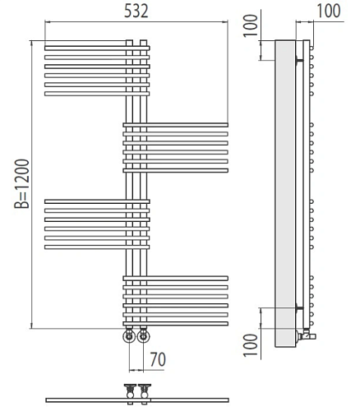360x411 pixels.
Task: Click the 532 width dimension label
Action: point(136,12)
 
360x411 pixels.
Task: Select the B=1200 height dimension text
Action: point(21,183)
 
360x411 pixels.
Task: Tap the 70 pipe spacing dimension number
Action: point(158,359)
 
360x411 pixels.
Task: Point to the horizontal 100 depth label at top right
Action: point(329,11)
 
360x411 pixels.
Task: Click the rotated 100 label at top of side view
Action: point(251,25)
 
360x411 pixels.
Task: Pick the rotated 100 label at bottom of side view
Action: point(251,344)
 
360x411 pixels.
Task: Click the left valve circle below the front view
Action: point(129,335)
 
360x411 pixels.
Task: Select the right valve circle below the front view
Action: point(143,335)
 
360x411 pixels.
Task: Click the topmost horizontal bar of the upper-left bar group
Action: point(97,48)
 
